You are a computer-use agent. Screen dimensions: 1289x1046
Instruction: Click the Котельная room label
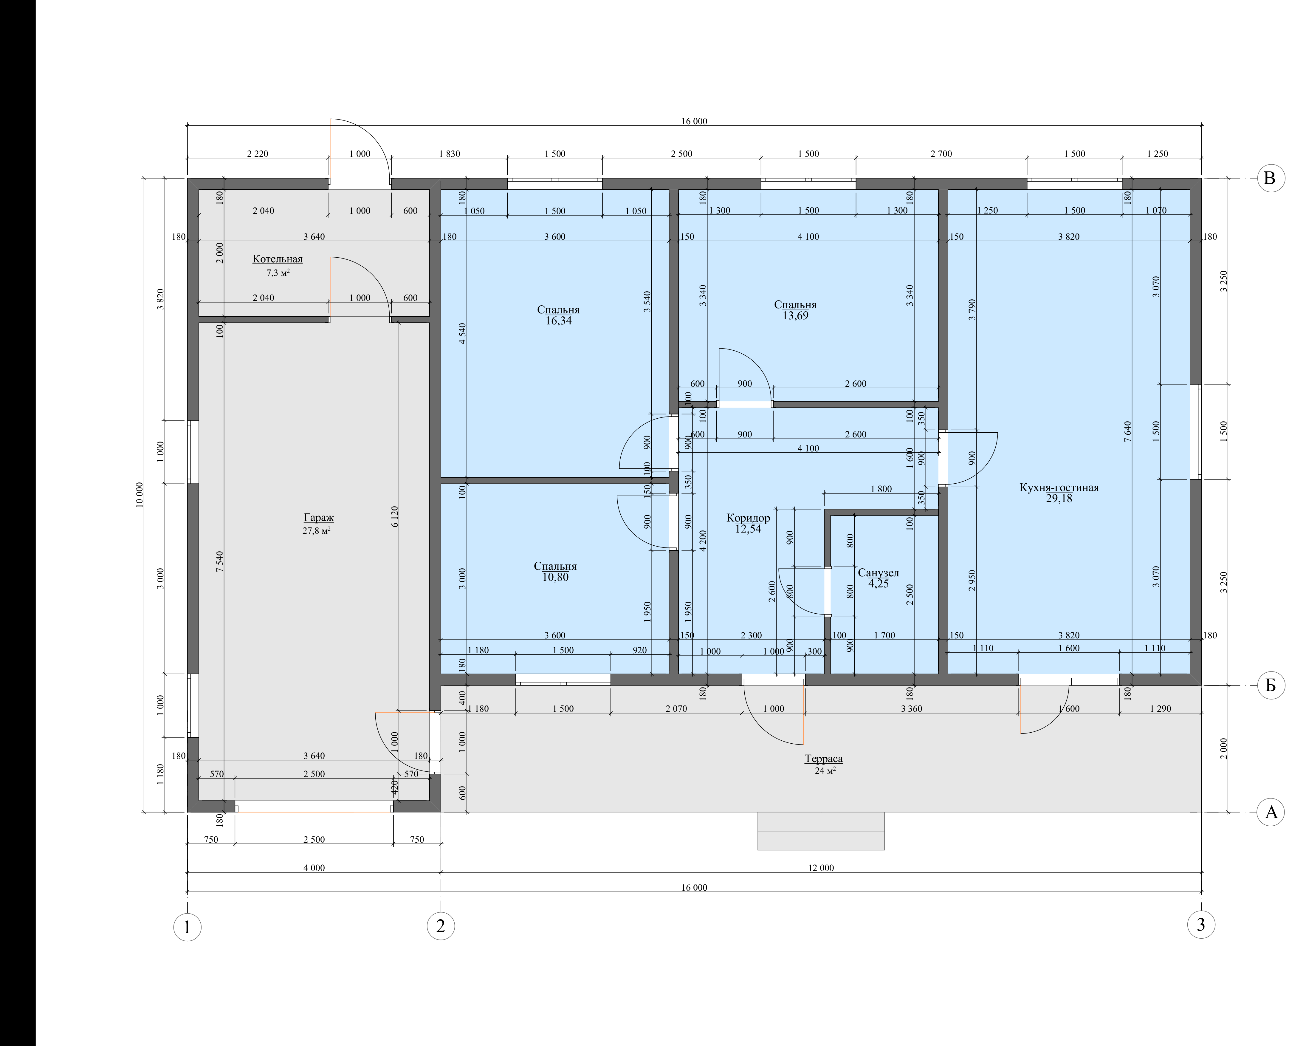click(x=277, y=259)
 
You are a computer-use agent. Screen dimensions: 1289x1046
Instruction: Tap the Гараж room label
click(x=319, y=518)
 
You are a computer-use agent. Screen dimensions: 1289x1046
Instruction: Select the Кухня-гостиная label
click(x=1059, y=488)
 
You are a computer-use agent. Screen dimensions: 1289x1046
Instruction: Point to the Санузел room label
click(x=878, y=573)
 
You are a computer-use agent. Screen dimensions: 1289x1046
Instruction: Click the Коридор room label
click(x=748, y=518)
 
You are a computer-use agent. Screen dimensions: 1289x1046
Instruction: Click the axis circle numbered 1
click(x=187, y=927)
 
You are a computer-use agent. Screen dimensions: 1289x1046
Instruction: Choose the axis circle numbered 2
click(x=441, y=926)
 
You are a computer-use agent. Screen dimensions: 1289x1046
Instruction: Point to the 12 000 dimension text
click(x=821, y=868)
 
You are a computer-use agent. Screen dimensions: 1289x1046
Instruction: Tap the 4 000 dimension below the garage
click(x=314, y=868)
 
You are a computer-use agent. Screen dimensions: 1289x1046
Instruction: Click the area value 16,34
click(x=558, y=321)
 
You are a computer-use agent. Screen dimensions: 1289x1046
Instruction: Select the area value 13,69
click(x=795, y=316)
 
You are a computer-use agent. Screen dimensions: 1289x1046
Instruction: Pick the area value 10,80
click(x=555, y=577)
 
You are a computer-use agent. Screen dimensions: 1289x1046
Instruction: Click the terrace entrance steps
click(x=821, y=832)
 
